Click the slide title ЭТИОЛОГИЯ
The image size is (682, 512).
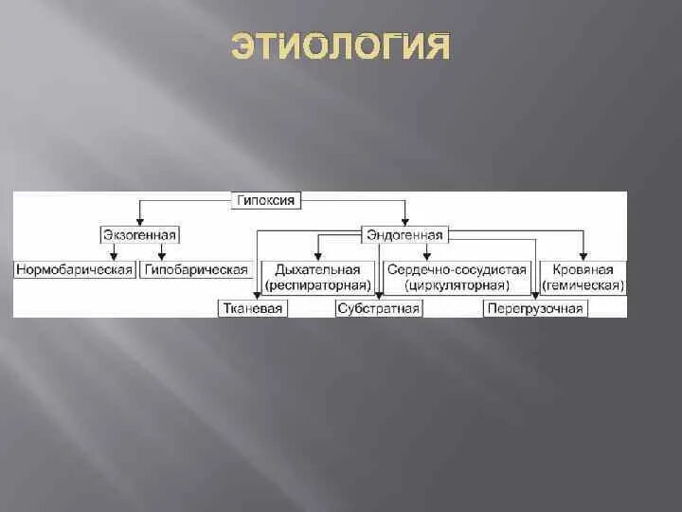[x=341, y=46]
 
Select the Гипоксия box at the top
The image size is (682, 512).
[x=266, y=200]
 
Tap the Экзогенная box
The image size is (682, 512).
[x=140, y=234]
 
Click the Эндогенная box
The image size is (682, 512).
[x=404, y=234]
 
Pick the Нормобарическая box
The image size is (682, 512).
[x=74, y=270]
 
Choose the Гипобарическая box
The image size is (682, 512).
[x=196, y=270]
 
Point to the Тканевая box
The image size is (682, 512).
[x=252, y=308]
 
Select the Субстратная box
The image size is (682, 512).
[x=379, y=308]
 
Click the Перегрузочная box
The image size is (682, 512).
[x=535, y=308]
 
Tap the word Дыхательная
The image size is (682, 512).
[x=317, y=270]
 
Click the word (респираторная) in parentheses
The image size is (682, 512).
[x=317, y=284]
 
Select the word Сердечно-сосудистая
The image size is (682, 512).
[x=457, y=270]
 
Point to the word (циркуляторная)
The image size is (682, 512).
[x=457, y=284]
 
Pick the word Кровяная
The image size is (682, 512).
[x=583, y=270]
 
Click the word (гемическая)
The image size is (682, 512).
[x=583, y=284]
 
